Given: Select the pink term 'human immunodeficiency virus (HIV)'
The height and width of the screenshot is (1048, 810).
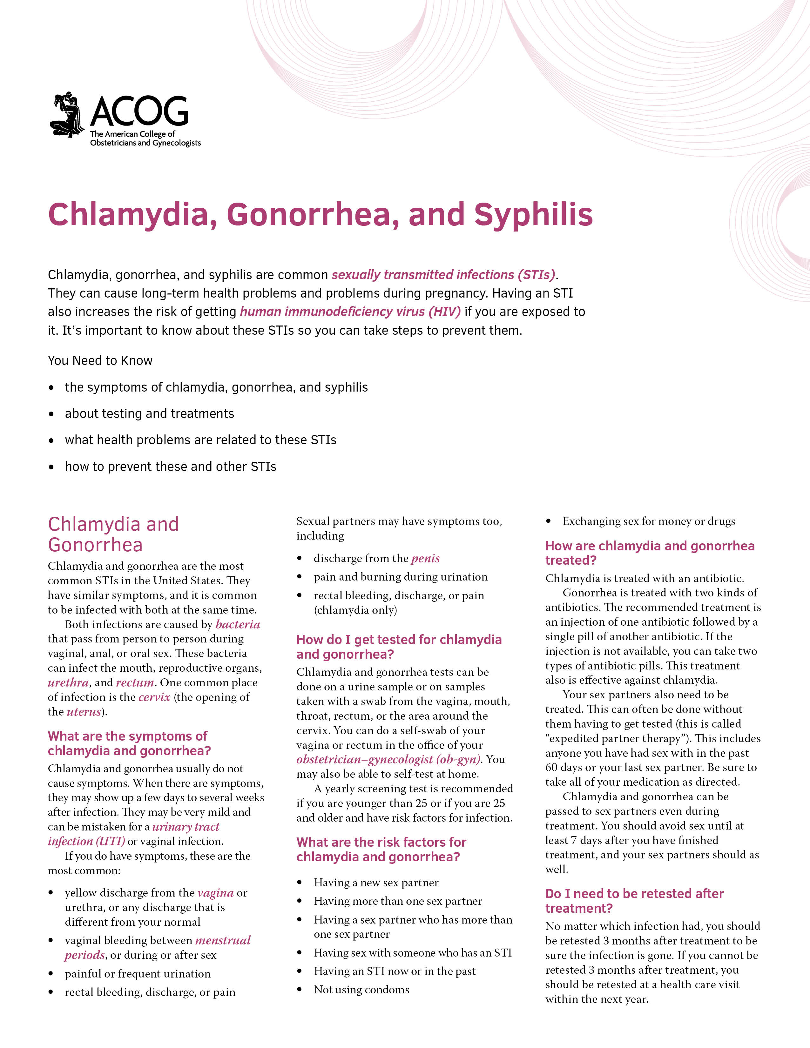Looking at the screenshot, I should click(350, 312).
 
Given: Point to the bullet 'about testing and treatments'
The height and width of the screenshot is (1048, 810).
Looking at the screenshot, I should click(149, 413).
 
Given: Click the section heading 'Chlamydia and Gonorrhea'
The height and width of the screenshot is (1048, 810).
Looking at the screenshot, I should click(113, 534).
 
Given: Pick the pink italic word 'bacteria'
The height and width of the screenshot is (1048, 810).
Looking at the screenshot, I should click(238, 624).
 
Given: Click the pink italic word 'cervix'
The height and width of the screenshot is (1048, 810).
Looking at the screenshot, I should click(154, 697).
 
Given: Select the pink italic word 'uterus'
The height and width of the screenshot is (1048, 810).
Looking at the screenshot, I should click(84, 712).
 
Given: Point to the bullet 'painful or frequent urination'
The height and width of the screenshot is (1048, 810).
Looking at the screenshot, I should click(138, 974).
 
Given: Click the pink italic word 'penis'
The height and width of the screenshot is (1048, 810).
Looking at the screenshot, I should click(425, 559).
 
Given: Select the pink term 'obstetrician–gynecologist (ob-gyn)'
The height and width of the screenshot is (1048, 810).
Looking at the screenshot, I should click(388, 760).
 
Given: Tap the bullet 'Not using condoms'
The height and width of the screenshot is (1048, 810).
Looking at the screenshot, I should click(361, 990).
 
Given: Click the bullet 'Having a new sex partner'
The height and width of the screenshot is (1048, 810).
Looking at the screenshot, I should click(376, 883).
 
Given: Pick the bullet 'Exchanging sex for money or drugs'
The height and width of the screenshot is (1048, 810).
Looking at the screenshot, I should click(648, 521).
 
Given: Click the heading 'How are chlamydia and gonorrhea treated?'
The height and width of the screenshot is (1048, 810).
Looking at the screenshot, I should click(650, 553).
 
